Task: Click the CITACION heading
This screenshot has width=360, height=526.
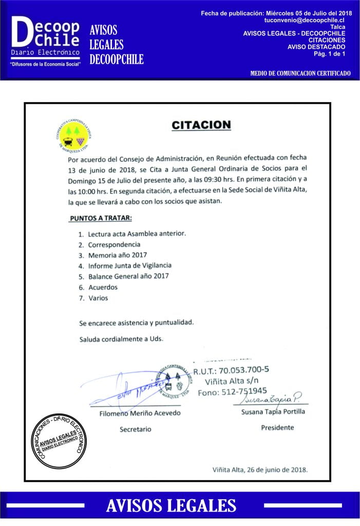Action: [x=201, y=125]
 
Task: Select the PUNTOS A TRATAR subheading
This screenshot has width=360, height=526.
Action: [x=97, y=218]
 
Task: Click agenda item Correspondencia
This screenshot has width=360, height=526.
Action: [x=113, y=245]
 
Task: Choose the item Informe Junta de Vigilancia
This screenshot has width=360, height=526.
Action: [x=129, y=266]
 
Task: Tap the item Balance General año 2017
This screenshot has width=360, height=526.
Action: [x=128, y=276]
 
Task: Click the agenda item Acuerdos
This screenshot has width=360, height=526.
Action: [x=103, y=287]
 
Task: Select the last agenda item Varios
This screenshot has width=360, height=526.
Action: [x=98, y=298]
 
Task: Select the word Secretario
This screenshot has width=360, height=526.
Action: [x=136, y=429]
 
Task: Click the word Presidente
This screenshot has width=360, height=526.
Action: [x=277, y=427]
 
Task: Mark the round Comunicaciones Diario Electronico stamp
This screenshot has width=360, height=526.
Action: [x=59, y=440]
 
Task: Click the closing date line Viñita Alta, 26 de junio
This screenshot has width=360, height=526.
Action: [x=260, y=469]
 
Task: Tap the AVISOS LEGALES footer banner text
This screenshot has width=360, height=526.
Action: [x=171, y=506]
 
